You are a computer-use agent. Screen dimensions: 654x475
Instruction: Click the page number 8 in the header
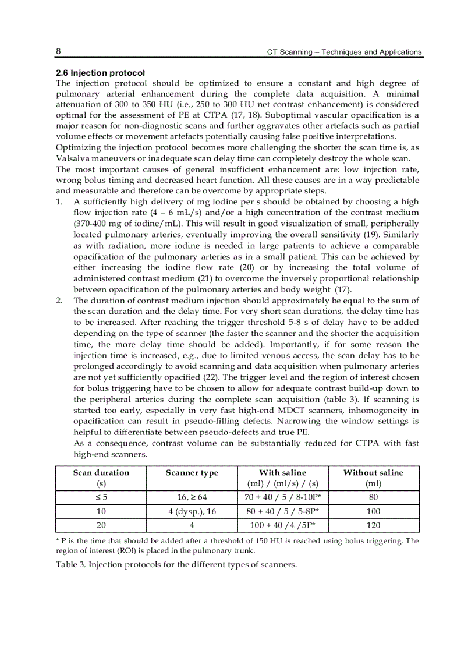point(59,51)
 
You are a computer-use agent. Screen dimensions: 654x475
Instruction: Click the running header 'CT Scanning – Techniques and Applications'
point(344,52)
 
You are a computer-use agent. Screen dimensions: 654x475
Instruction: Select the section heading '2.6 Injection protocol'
point(100,73)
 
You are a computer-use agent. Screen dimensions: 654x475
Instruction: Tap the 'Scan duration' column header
point(101,472)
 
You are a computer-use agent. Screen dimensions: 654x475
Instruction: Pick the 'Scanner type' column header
point(192,472)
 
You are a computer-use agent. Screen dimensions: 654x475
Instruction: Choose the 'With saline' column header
point(282,472)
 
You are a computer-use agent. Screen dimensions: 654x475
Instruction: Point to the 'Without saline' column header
point(373,472)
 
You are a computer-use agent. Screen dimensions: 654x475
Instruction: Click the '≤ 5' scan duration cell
point(101,497)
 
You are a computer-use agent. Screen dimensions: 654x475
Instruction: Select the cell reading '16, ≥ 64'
point(192,497)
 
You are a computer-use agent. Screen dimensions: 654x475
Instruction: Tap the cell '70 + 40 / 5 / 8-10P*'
point(283,497)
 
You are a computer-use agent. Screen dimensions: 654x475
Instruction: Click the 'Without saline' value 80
point(373,497)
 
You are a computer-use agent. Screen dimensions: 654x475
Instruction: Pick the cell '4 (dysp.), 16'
point(192,511)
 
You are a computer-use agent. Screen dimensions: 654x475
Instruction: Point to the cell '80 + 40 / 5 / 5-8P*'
point(283,511)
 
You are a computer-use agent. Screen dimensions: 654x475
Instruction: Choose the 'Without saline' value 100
point(373,511)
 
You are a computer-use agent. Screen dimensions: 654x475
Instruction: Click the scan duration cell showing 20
point(101,525)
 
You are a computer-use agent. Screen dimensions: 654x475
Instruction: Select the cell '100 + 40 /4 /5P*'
point(283,525)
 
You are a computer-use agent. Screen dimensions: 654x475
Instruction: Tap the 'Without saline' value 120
point(373,525)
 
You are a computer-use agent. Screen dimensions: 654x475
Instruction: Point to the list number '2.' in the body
point(59,301)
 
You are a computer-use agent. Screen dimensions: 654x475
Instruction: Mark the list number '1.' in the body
point(59,202)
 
